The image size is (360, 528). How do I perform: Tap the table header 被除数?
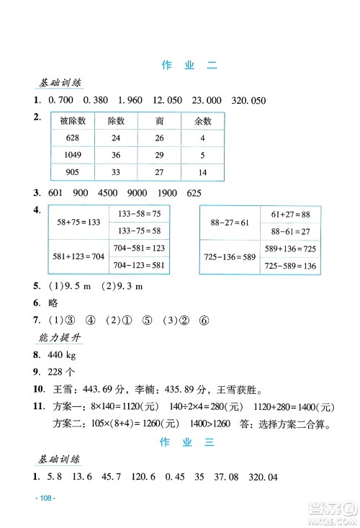tap(73, 121)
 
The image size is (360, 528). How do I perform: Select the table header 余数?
tap(202, 121)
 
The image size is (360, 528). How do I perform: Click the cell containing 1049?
tap(73, 155)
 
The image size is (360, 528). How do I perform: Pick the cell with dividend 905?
tap(73, 172)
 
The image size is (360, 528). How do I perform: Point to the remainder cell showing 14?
tap(202, 172)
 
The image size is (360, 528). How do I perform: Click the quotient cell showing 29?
tap(159, 155)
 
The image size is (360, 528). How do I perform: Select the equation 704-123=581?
tap(140, 264)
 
